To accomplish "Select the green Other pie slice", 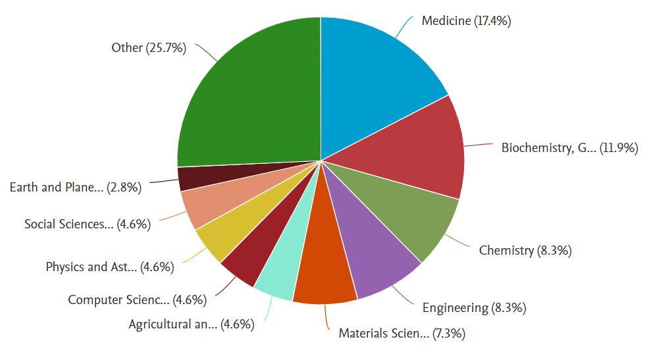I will [250, 99].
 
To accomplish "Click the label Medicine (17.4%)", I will [466, 21].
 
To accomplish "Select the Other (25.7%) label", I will [148, 47].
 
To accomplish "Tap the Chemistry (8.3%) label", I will [524, 250].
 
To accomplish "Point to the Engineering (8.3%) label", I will [473, 307].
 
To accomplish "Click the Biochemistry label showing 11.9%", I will [569, 148].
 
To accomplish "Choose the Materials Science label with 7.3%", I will [402, 334].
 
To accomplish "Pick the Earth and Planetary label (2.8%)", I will [76, 187].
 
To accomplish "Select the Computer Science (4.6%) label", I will [137, 300].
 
